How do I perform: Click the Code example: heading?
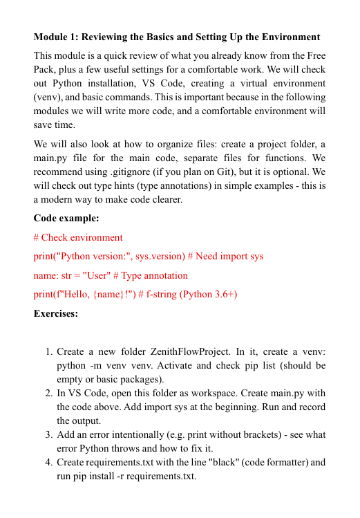click(x=66, y=218)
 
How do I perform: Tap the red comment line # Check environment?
click(x=78, y=237)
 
